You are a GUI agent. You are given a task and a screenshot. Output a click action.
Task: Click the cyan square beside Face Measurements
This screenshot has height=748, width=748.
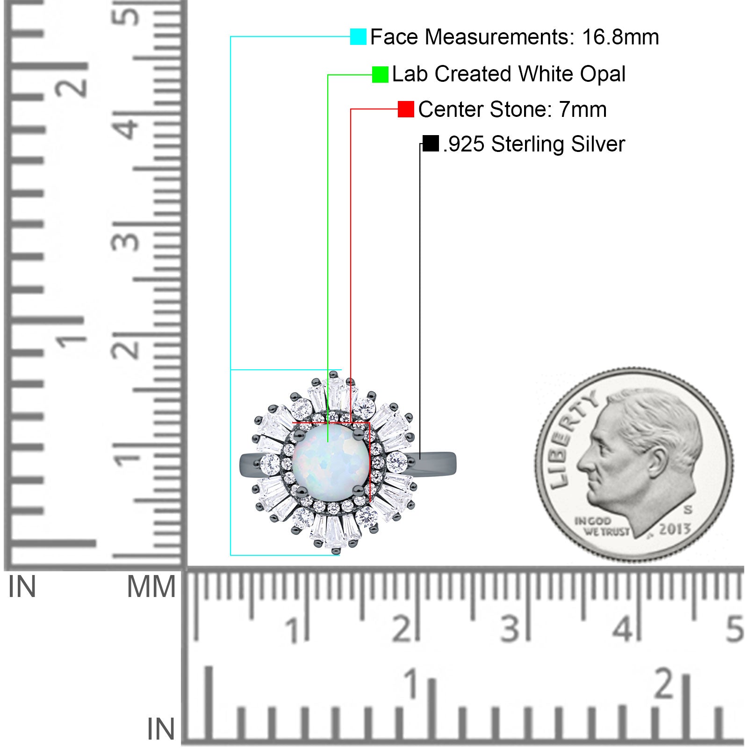[358, 36]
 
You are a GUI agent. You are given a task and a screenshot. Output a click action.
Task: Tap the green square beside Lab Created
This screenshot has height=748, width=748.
[380, 74]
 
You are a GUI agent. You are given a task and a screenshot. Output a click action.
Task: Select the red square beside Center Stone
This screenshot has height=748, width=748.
[406, 109]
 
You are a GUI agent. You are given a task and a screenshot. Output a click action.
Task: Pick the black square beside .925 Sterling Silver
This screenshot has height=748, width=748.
[431, 144]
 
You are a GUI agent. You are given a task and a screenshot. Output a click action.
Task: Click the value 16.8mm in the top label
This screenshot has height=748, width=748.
[620, 37]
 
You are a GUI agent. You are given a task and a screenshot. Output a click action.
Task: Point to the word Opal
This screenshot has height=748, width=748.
[603, 74]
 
